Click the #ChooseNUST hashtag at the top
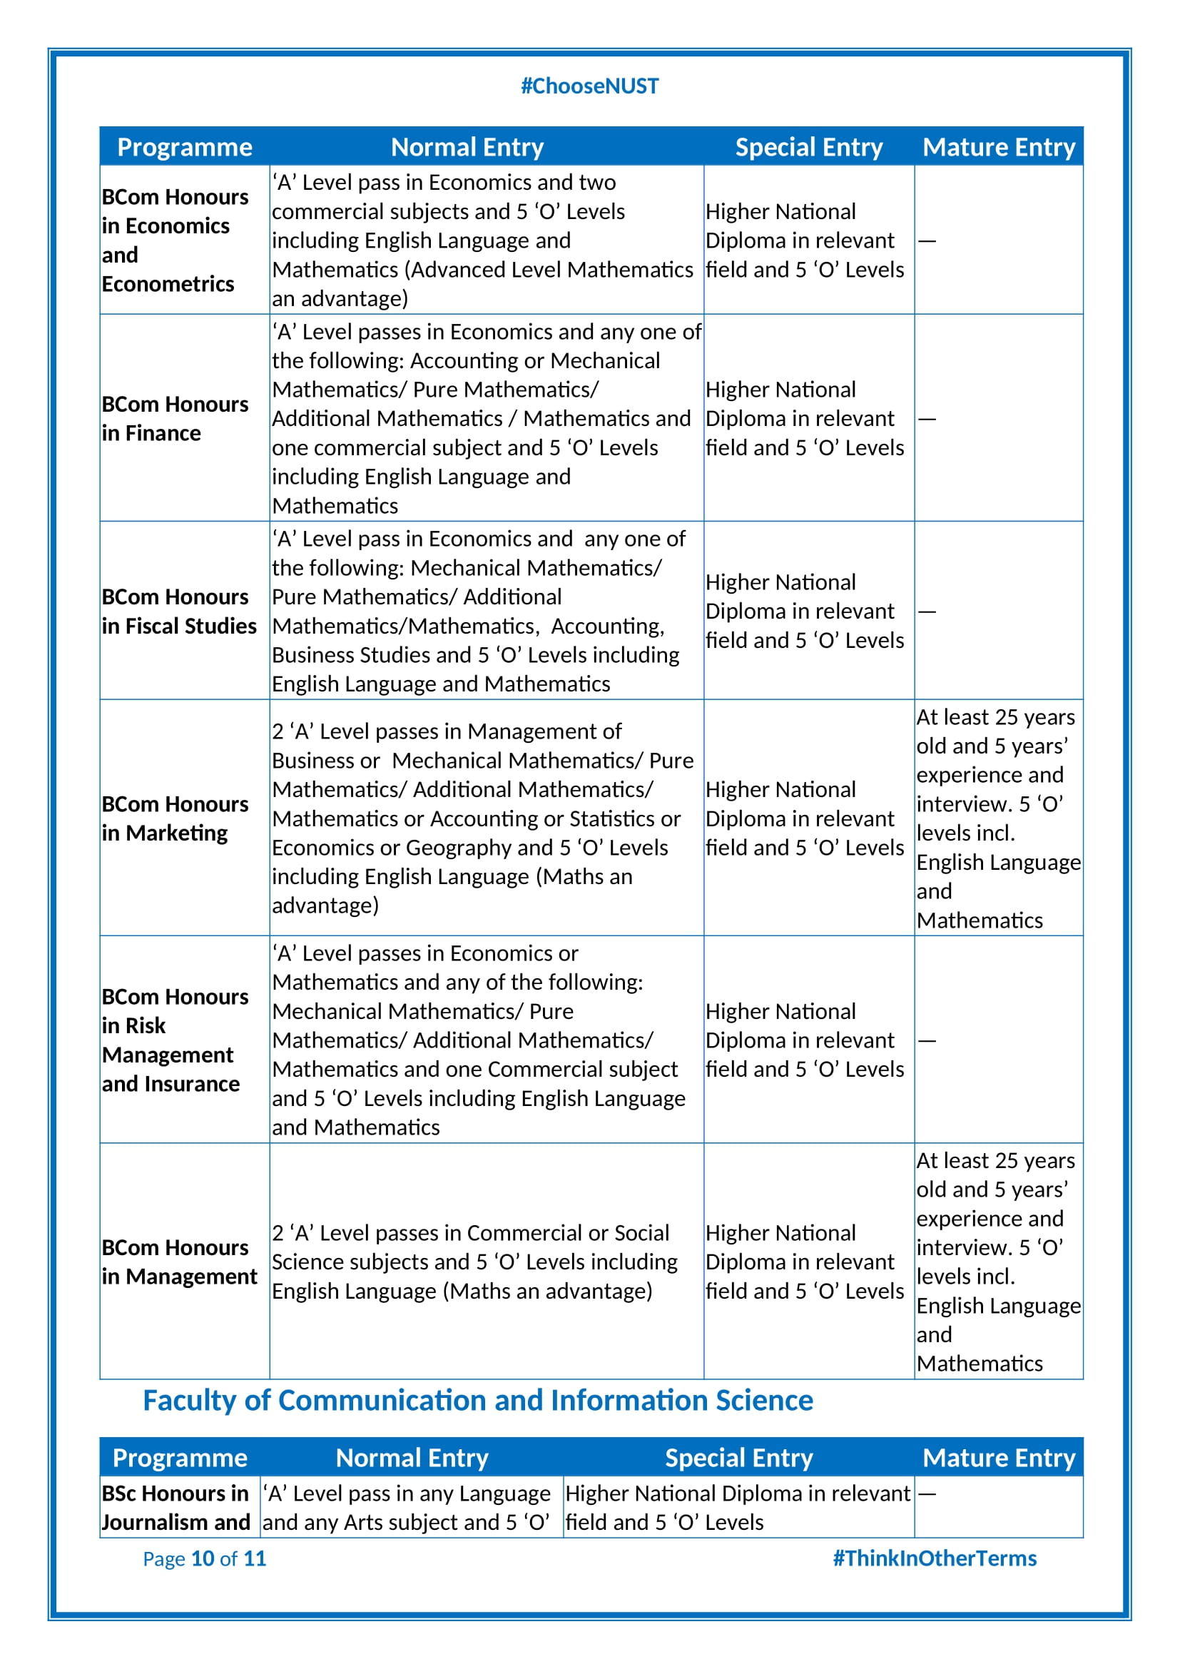(589, 86)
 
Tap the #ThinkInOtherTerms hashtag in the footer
(935, 1558)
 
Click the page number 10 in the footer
(203, 1558)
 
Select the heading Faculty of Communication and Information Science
(477, 1400)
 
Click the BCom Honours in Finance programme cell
(175, 419)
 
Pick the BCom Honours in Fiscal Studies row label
(179, 612)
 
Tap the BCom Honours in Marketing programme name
(175, 818)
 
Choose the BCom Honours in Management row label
(180, 1262)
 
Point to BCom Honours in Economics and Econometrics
(175, 240)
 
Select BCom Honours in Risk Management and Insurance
(175, 1040)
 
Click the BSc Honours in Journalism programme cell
(176, 1508)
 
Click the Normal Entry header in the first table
(467, 148)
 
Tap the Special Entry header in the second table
(739, 1458)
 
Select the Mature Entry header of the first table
(998, 148)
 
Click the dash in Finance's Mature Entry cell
(927, 419)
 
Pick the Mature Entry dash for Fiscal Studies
(927, 612)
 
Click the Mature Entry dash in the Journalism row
(927, 1493)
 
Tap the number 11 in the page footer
(255, 1558)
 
